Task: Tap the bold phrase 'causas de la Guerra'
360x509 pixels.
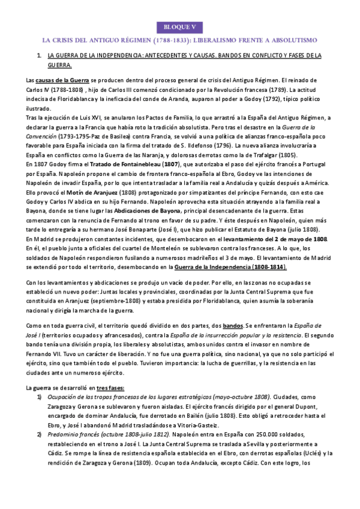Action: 62,80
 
